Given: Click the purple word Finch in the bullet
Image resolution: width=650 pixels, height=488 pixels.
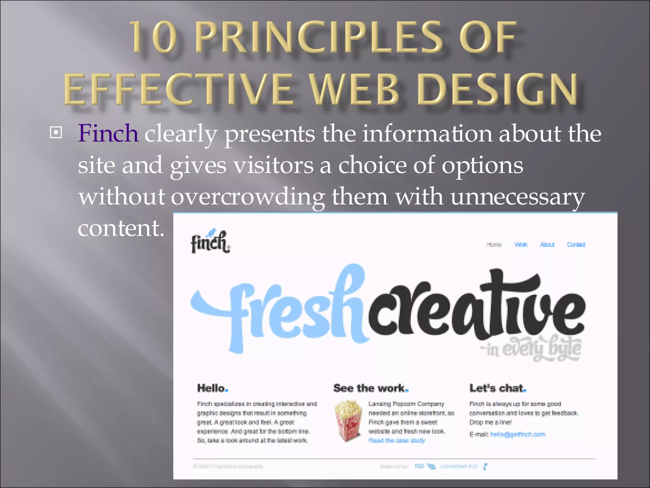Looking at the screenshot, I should pos(108,133).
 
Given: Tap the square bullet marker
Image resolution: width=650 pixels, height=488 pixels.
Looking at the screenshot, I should pos(56,132).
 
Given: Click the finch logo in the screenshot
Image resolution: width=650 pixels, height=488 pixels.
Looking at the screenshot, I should pos(210,242).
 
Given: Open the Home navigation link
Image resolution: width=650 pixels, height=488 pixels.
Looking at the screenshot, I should pos(494,244).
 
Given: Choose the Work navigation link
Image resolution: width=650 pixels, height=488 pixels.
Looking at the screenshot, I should pos(521,244).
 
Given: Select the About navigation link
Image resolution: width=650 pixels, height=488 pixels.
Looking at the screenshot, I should pos(547,244).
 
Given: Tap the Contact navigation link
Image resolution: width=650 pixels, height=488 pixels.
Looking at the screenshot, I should pos(576,244).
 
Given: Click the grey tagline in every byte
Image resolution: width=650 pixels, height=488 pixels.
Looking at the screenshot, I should pos(532,349).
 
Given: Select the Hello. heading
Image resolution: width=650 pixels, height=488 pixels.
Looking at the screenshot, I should pos(212,388).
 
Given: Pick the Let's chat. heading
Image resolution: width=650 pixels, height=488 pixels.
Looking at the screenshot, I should pos(498,388).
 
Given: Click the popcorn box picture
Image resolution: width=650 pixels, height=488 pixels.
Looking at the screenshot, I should pos(348,421).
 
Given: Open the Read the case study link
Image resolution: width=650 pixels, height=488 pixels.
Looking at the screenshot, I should pos(397,440).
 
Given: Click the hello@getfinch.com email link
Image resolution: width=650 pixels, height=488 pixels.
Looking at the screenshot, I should pos(518,434).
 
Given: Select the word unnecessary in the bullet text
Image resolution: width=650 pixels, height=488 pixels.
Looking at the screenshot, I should pos(517,197).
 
